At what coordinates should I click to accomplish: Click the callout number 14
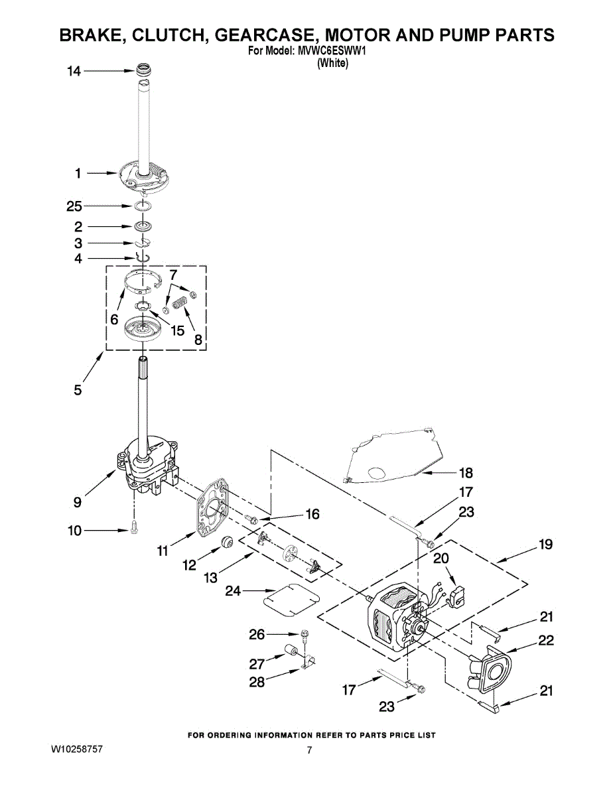pos(74,71)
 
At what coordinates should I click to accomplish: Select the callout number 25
pos(74,206)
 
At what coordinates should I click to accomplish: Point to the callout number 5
pos(78,390)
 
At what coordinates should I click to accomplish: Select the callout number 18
pos(466,473)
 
